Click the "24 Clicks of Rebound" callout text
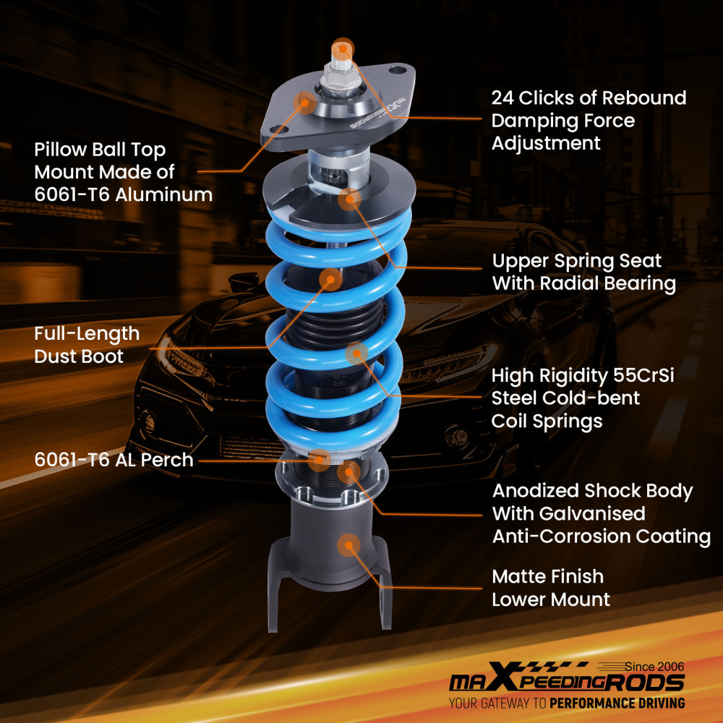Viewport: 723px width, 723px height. [589, 98]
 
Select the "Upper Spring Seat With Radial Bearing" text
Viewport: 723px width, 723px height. [583, 272]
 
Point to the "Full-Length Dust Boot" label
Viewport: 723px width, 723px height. [87, 345]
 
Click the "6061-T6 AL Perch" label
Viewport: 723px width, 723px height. [114, 460]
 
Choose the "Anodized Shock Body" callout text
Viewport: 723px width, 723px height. [592, 491]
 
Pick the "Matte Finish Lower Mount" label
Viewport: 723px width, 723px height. [550, 588]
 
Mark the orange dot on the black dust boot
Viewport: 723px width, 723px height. [330, 279]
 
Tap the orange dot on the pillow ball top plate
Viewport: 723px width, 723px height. [305, 103]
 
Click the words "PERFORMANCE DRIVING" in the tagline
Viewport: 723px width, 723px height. [617, 703]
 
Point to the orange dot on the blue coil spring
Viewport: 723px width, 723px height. [356, 354]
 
